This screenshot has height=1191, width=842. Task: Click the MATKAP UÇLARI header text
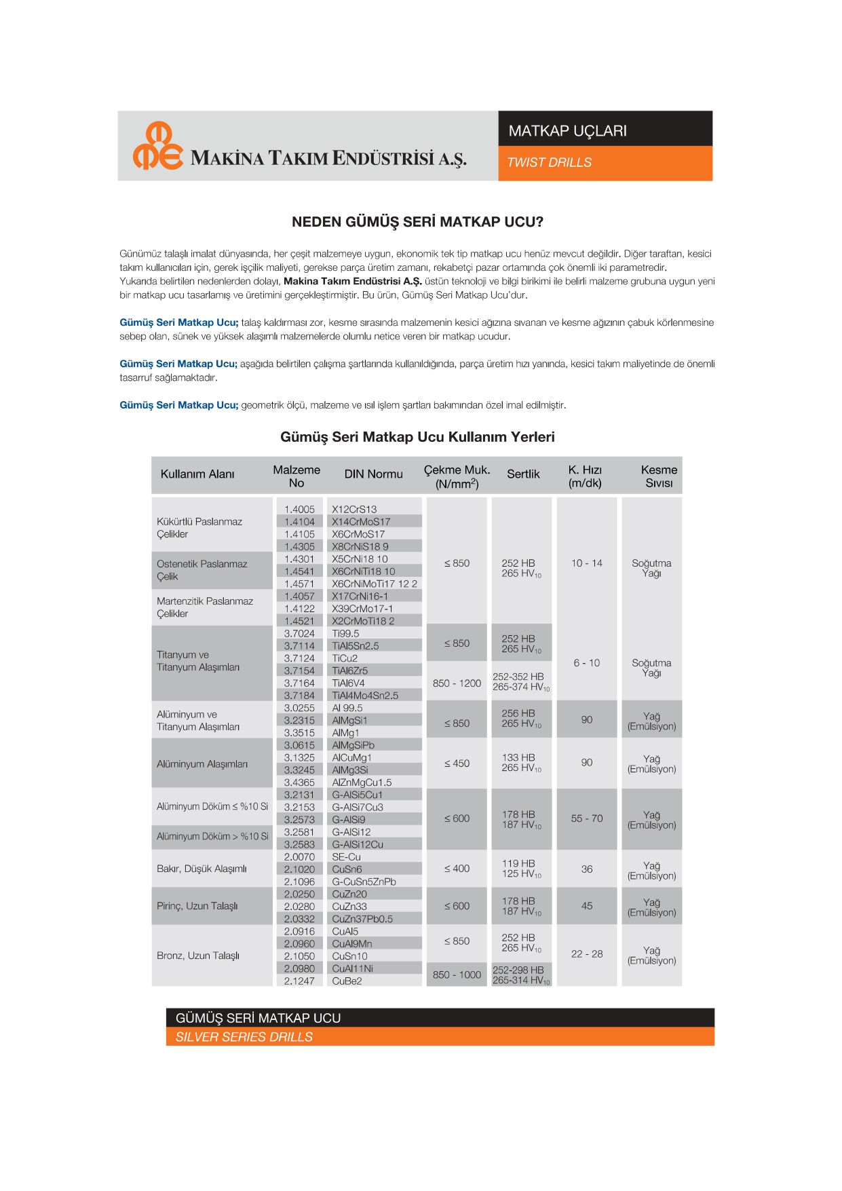point(567,131)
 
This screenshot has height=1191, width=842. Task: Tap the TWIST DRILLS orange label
point(549,163)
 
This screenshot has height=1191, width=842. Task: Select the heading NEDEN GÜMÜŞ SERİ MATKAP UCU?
point(417,222)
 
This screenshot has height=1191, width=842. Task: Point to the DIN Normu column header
point(373,474)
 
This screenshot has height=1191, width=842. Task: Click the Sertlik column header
point(523,474)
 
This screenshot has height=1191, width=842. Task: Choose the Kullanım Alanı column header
point(197,474)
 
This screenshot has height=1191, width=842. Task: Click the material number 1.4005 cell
point(299,510)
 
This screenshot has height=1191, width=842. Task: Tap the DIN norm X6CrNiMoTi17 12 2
point(374,584)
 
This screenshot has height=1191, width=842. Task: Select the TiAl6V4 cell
point(348,683)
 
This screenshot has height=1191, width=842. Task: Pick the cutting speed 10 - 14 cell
point(586,563)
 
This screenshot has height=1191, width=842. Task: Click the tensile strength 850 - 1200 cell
point(457,683)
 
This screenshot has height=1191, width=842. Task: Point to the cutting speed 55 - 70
point(586,818)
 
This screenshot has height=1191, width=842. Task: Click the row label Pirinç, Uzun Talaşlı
point(197,906)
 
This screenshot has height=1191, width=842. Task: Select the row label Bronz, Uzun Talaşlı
point(198,956)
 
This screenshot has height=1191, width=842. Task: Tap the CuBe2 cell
point(347,981)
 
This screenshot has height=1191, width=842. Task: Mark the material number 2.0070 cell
point(299,857)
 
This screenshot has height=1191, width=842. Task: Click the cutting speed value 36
point(587,869)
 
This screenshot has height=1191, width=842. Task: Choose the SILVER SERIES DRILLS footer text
point(244,1037)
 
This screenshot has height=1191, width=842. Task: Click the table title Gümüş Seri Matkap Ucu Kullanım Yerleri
point(417,437)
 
